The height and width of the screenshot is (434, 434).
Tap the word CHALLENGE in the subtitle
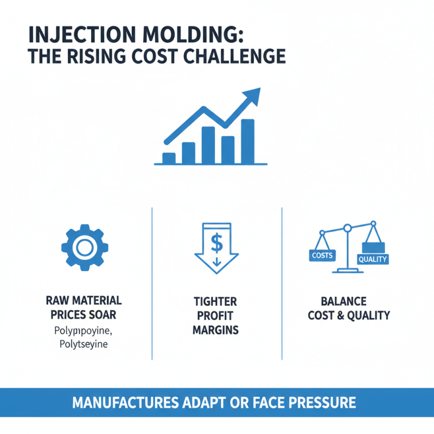[x=238, y=56]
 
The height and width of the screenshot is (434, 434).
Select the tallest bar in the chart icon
[x=247, y=141]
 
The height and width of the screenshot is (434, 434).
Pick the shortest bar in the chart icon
[x=169, y=158]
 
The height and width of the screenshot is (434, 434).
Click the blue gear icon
[x=84, y=248]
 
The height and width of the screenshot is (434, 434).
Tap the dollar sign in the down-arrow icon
[x=216, y=243]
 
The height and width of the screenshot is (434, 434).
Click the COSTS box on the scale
[x=322, y=254]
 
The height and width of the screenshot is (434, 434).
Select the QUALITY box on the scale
[x=373, y=259]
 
